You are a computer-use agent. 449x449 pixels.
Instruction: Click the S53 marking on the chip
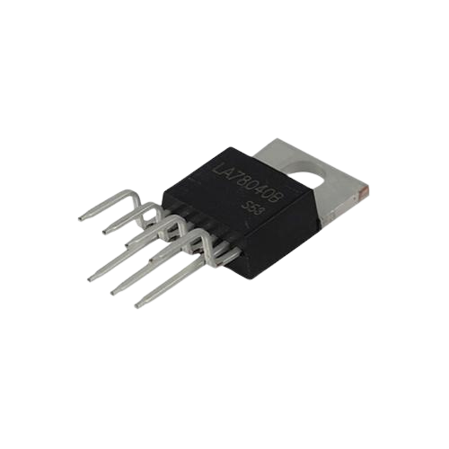(253, 209)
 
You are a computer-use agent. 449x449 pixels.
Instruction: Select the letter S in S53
(247, 207)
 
